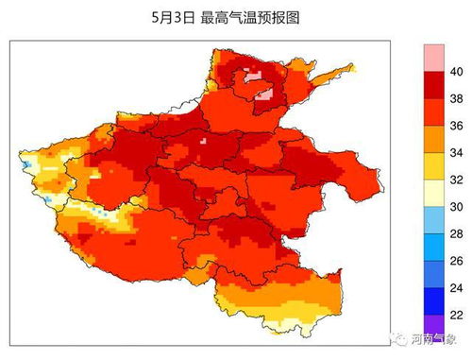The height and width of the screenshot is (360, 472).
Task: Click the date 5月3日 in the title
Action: click(173, 18)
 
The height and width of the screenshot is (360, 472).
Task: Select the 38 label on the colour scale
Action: click(455, 98)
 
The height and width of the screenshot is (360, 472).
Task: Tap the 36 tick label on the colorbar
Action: click(455, 125)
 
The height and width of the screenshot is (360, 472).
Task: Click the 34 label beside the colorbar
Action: click(455, 151)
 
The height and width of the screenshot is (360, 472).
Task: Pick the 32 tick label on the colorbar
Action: click(455, 179)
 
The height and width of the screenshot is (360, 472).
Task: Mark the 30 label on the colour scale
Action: click(455, 206)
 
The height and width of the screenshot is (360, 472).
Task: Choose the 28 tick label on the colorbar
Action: click(455, 232)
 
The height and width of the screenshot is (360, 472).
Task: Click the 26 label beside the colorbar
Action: click(455, 260)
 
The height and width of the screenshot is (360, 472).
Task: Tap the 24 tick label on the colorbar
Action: click(455, 286)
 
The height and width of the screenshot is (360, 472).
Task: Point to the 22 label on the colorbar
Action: click(455, 314)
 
